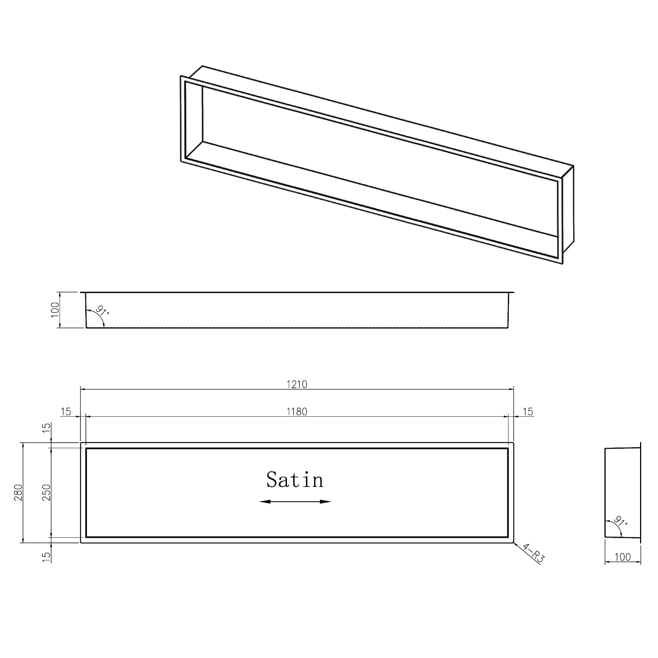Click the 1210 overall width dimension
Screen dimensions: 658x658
click(x=297, y=384)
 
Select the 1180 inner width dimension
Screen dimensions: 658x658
click(x=297, y=412)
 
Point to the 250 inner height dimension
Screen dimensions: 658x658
click(x=46, y=492)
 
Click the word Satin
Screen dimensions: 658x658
click(x=295, y=480)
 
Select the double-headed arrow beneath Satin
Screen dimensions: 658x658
click(x=295, y=502)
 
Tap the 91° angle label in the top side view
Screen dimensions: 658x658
click(x=103, y=311)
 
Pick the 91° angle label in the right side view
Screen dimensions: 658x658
click(x=620, y=521)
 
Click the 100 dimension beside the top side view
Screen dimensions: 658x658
click(x=55, y=310)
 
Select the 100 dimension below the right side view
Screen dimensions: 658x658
click(x=623, y=557)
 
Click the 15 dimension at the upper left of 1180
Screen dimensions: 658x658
click(x=66, y=412)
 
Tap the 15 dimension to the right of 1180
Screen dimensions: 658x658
click(x=527, y=412)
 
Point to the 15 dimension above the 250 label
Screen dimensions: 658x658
click(x=46, y=428)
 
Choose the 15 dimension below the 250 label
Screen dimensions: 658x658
click(x=46, y=556)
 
